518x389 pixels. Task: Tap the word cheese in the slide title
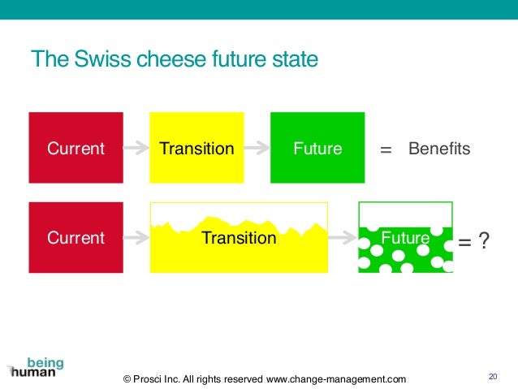171,60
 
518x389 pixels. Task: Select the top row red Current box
76,148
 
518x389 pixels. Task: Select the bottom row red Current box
76,238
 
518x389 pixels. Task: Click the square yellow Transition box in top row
196,148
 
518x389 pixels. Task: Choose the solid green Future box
317,148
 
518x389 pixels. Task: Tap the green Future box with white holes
405,248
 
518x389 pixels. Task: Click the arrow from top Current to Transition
136,149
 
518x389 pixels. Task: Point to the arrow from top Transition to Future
257,149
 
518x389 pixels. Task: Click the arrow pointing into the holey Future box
343,238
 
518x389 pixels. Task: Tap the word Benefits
439,149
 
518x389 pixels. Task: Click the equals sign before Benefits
386,150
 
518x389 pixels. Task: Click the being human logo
37,367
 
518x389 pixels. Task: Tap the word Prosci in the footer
150,378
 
